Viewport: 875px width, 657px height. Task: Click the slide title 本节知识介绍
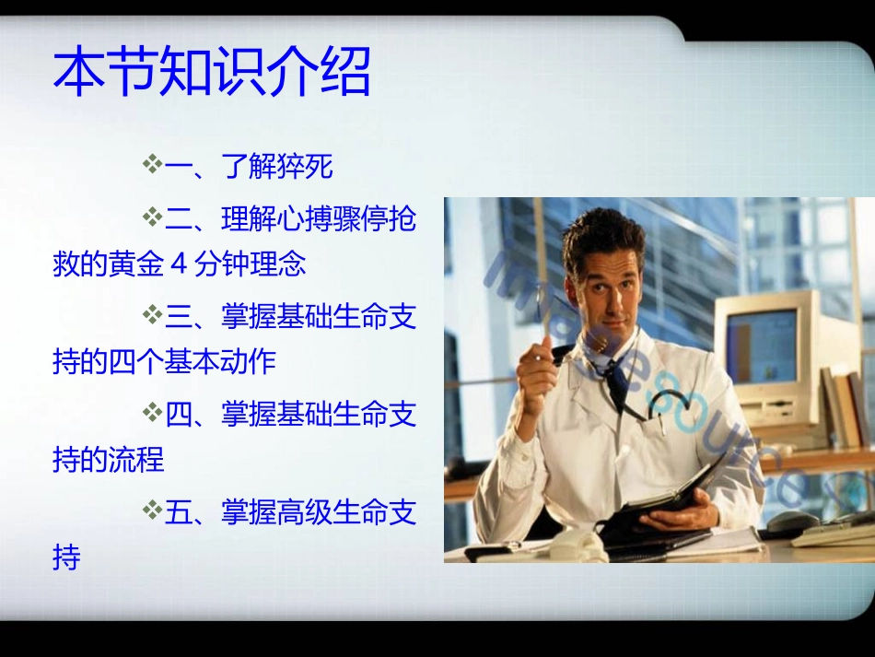pyautogui.click(x=212, y=74)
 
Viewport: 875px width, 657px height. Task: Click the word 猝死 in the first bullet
pyautogui.click(x=305, y=168)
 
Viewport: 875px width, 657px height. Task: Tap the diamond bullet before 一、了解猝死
pyautogui.click(x=152, y=166)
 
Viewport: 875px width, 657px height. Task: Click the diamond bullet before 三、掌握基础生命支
pyautogui.click(x=152, y=316)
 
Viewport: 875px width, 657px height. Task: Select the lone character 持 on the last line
pyautogui.click(x=67, y=558)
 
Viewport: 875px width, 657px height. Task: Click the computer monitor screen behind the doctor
pyautogui.click(x=761, y=346)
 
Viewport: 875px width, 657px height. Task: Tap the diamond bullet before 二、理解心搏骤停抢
pyautogui.click(x=152, y=217)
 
